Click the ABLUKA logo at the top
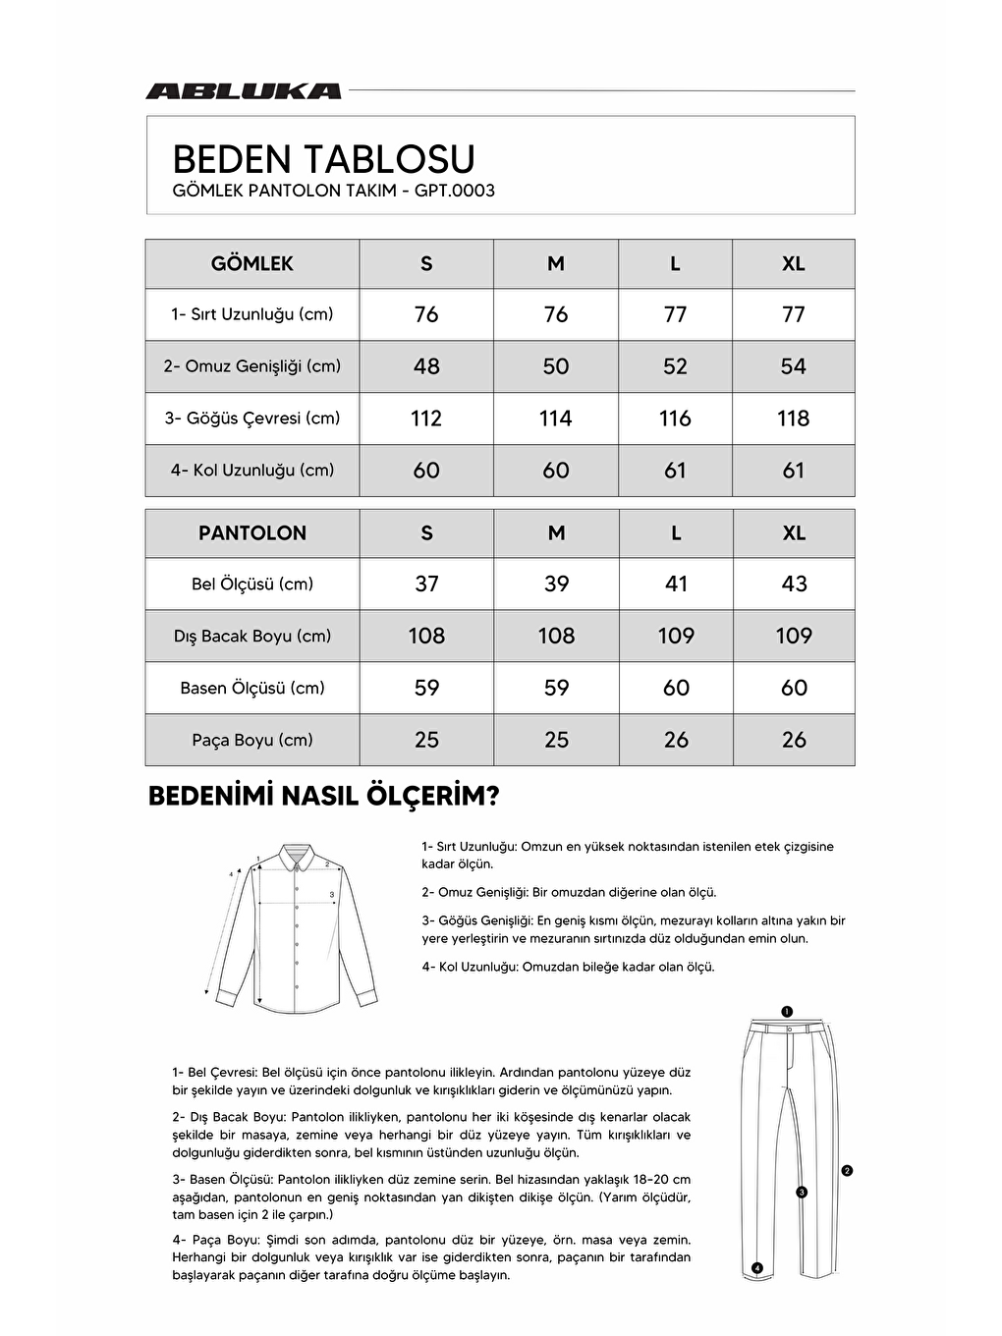point(243,91)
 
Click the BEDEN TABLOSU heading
point(323,159)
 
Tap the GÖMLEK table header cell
point(252,263)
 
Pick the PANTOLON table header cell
point(252,533)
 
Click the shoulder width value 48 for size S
point(426,366)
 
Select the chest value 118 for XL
point(793,418)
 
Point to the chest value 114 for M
point(555,418)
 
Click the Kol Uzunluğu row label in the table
point(252,471)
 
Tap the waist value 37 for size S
point(426,584)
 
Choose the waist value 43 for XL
point(794,584)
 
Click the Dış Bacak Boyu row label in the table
point(252,637)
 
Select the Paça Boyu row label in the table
point(252,740)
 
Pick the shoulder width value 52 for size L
point(675,366)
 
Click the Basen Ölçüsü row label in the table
point(252,689)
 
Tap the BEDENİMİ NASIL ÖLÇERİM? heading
point(323,796)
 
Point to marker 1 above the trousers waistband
point(787,1011)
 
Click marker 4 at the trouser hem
point(756,1268)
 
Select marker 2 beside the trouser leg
point(847,1170)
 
